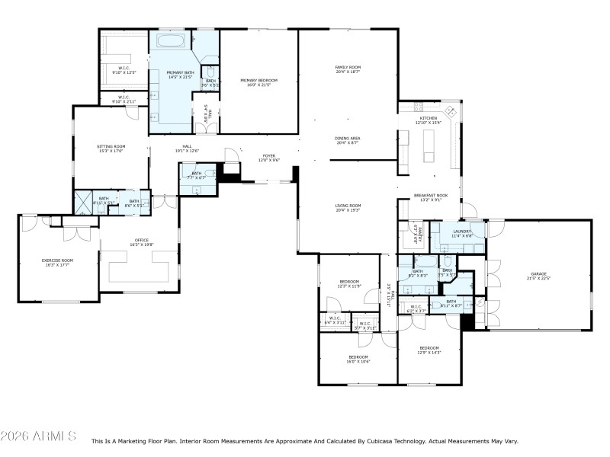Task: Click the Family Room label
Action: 348,69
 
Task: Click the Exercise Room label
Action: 57,263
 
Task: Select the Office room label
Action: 142,242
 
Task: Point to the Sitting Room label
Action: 111,148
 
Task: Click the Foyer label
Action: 269,158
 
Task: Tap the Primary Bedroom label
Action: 258,82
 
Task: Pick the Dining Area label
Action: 348,140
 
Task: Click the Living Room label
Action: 348,207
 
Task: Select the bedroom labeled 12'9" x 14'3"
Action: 429,350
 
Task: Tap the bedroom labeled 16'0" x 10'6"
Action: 359,359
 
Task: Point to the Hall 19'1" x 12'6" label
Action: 187,149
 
